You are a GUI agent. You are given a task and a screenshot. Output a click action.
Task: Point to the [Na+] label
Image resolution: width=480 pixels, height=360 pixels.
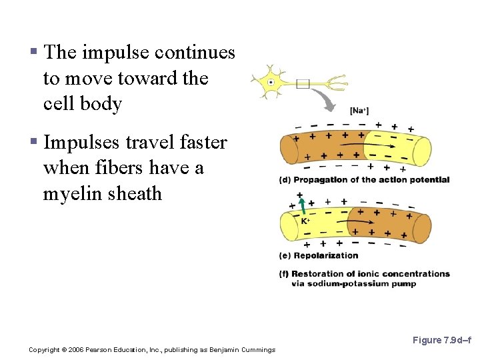[359, 111]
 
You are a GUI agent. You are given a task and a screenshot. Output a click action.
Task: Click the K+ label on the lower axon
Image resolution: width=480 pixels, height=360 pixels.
[305, 221]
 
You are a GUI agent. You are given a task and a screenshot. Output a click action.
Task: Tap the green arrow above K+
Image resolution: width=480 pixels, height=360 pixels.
[301, 205]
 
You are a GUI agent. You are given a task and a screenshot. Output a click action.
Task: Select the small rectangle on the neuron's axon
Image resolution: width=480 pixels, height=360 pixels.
[303, 84]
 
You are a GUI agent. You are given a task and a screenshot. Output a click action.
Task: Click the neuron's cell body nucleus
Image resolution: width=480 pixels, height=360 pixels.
[271, 83]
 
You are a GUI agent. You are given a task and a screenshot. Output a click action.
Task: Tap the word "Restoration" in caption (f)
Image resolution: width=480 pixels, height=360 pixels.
[318, 273]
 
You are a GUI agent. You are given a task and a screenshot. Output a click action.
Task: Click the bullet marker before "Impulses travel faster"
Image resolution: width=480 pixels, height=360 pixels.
[33, 143]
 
